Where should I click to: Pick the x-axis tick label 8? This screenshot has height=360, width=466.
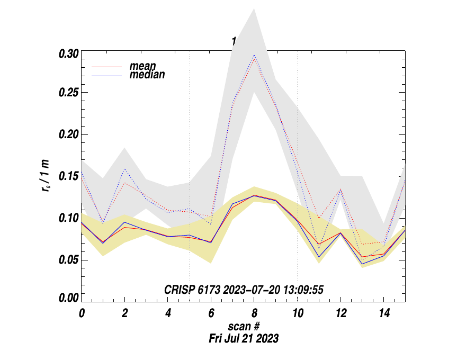254,313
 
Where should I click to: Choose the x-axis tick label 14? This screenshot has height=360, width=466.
383,313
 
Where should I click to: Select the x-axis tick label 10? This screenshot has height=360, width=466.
297,313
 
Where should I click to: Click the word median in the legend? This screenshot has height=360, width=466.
147,75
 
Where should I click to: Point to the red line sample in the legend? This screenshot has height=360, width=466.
107,67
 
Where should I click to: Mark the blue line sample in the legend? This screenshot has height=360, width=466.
107,75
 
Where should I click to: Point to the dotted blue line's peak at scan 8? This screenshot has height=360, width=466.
254,55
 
